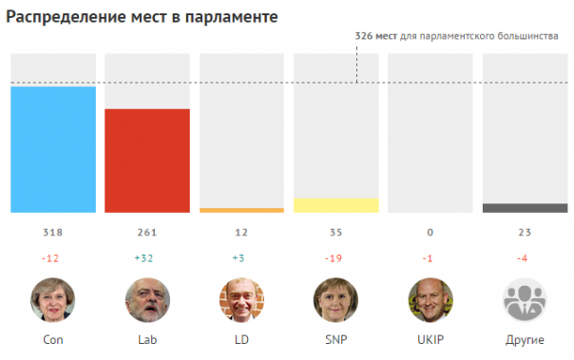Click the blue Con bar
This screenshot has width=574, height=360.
pos(53,149)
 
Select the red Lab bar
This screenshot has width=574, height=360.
pos(147,161)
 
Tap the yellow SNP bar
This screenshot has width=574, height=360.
pos(336,205)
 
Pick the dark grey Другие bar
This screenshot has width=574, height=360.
pos(526,208)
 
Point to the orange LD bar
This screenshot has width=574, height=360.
pos(242,210)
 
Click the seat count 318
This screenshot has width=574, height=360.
pos(53,233)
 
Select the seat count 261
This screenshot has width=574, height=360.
pos(147,233)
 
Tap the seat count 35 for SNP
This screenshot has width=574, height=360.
pos(336,233)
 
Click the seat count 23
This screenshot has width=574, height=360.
pos(526,233)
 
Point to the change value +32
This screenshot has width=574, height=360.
pos(147,256)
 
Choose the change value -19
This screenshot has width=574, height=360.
pos(336,256)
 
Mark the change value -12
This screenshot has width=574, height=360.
pos(53,256)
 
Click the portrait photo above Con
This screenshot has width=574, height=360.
pos(53,300)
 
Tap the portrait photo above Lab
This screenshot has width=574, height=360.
pos(147,300)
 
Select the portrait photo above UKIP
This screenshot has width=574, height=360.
pos(430,300)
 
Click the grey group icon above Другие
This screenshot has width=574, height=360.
pos(526,300)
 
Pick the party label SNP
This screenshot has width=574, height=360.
pos(336,340)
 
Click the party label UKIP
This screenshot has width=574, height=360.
pos(430,340)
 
